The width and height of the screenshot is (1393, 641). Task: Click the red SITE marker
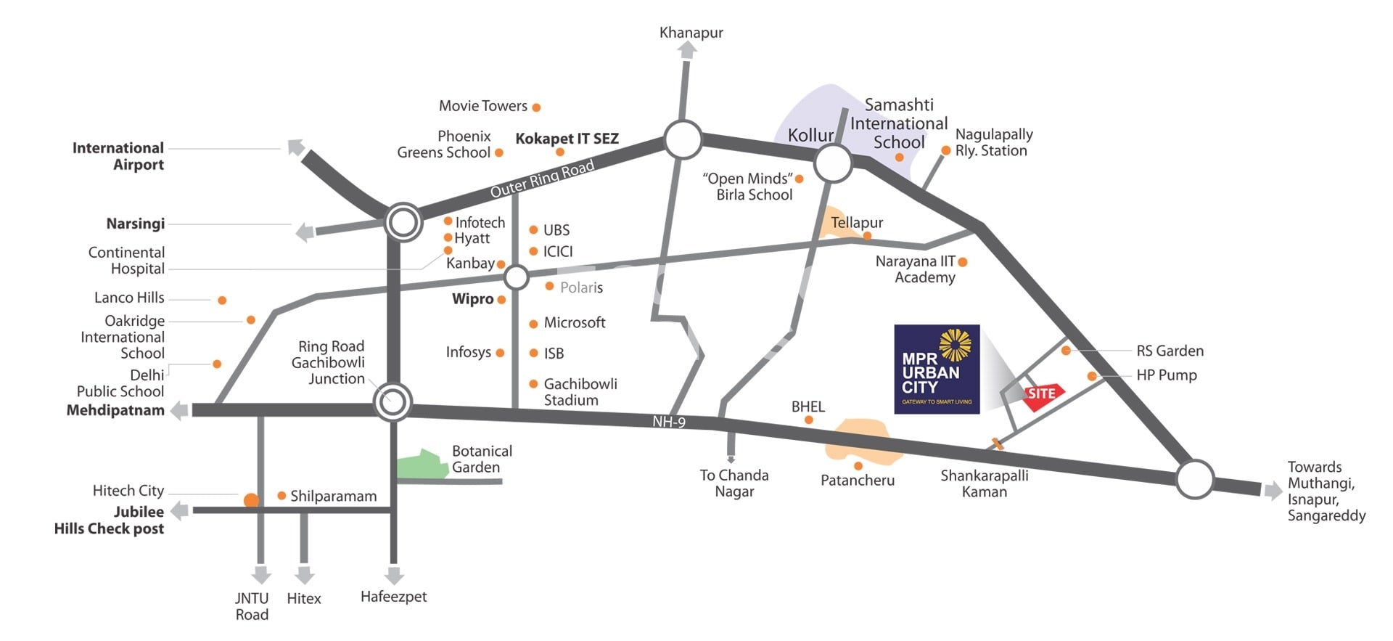1042,394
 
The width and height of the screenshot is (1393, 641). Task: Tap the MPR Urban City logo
937,369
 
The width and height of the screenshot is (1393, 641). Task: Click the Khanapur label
691,33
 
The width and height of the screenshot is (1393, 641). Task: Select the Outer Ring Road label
542,179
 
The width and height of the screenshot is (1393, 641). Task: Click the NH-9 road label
668,422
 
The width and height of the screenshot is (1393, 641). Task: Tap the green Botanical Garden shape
421,465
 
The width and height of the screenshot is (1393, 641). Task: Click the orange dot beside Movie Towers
536,107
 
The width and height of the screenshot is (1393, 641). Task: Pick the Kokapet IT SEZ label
567,139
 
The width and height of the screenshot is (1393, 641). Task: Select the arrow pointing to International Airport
295,147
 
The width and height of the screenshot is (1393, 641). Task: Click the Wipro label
472,299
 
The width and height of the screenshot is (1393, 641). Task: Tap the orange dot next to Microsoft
533,324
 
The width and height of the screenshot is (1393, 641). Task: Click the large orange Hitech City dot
251,499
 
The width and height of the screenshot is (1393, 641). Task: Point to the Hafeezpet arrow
394,576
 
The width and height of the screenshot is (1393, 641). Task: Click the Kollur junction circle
832,163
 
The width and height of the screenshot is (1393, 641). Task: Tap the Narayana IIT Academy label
916,269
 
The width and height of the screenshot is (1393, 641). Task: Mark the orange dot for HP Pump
1092,376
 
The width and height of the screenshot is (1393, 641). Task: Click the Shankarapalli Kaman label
985,483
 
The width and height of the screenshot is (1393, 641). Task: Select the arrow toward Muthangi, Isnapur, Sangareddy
1273,491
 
